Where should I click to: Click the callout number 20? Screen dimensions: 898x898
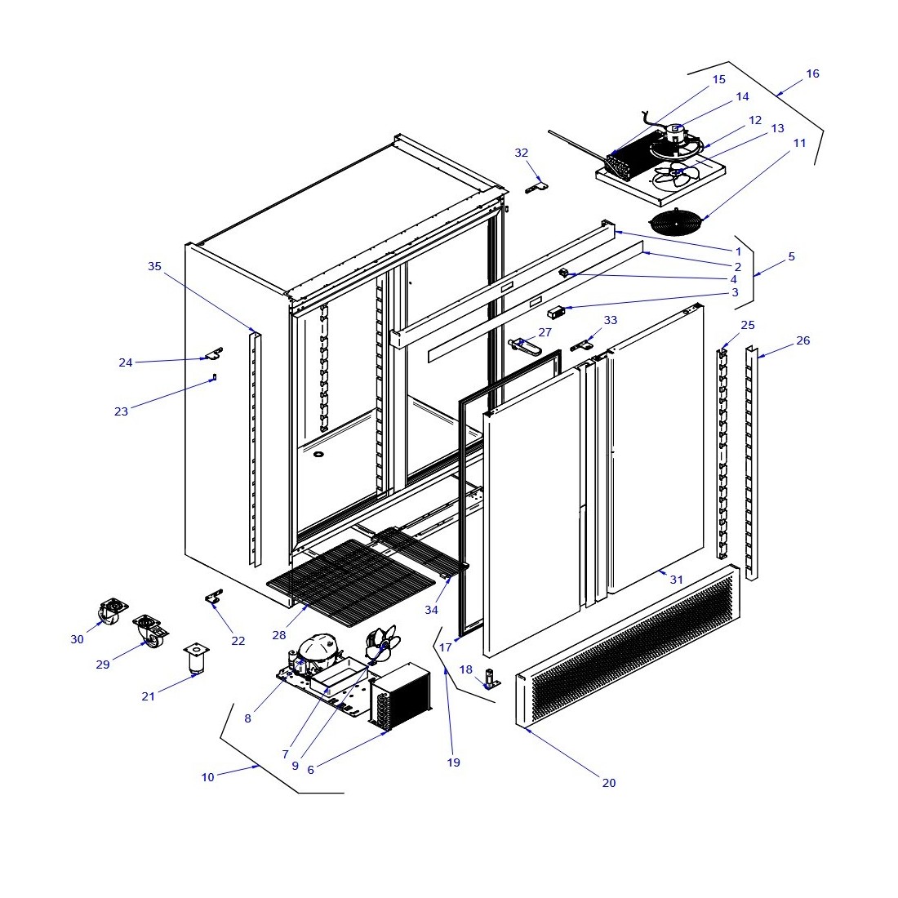pyautogui.click(x=609, y=783)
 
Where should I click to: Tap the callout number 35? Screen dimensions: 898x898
pyautogui.click(x=155, y=266)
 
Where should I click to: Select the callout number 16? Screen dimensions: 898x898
pyautogui.click(x=812, y=73)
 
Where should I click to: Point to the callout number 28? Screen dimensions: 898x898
pyautogui.click(x=279, y=635)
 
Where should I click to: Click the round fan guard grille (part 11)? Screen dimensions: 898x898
pyautogui.click(x=675, y=222)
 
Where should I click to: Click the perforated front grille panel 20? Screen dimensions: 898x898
pyautogui.click(x=629, y=645)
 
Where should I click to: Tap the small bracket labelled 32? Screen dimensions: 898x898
pyautogui.click(x=536, y=187)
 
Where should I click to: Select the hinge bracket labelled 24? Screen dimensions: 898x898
pyautogui.click(x=213, y=354)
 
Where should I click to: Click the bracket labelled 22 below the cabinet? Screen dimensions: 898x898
pyautogui.click(x=215, y=598)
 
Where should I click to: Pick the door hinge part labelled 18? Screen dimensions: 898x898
pyautogui.click(x=491, y=679)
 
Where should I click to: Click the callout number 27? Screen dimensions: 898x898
pyautogui.click(x=545, y=332)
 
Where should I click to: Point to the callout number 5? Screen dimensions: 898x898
pyautogui.click(x=791, y=256)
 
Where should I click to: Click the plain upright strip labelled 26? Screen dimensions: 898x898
pyautogui.click(x=751, y=465)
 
